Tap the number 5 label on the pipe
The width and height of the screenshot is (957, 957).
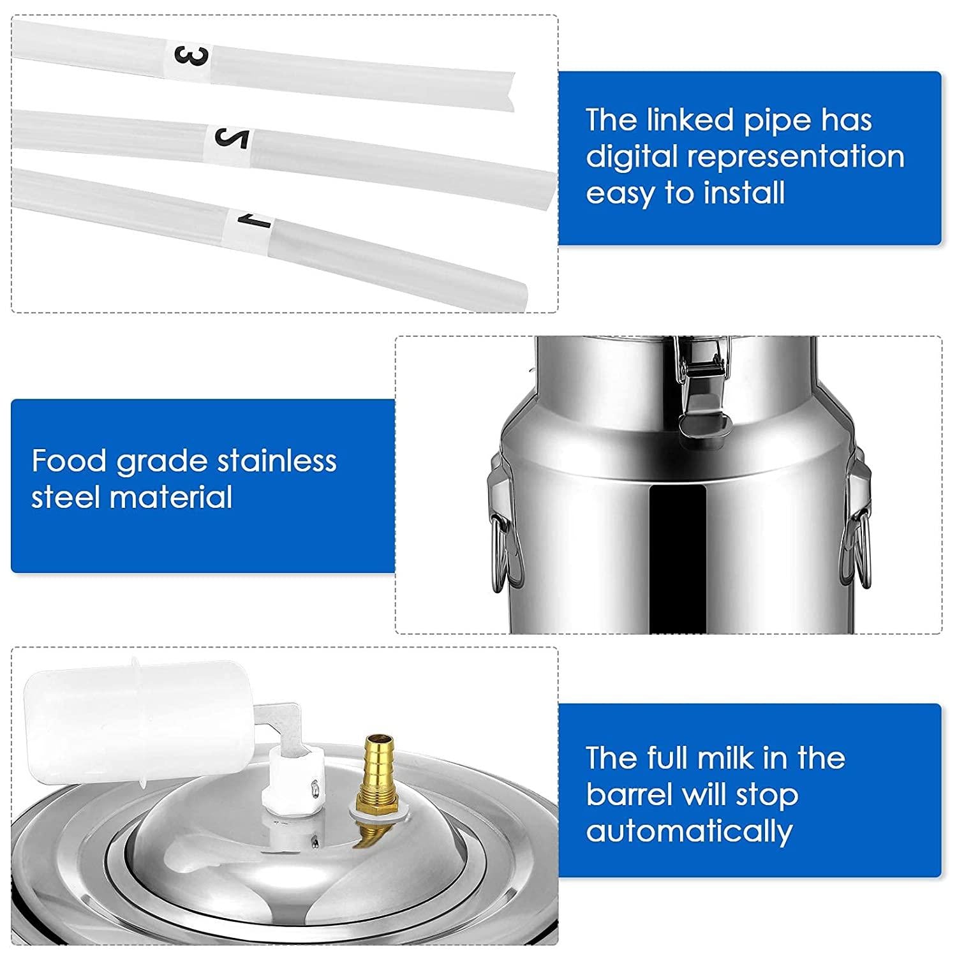point(231,137)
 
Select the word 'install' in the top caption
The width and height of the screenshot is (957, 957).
point(749,193)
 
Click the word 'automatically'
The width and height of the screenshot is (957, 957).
point(689,831)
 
